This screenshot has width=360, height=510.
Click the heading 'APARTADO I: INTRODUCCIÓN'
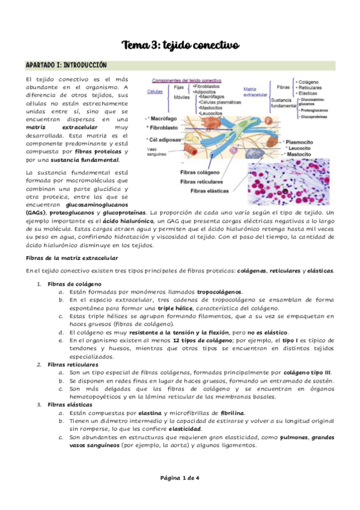[x=66, y=65]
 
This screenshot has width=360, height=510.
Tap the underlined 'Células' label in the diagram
[x=155, y=91]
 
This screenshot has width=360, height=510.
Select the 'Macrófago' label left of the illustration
[x=165, y=119]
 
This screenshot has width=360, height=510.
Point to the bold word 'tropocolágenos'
[x=219, y=291]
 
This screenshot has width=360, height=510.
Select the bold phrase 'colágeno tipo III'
[x=307, y=373]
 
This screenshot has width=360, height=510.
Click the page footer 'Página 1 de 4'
[x=180, y=478]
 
